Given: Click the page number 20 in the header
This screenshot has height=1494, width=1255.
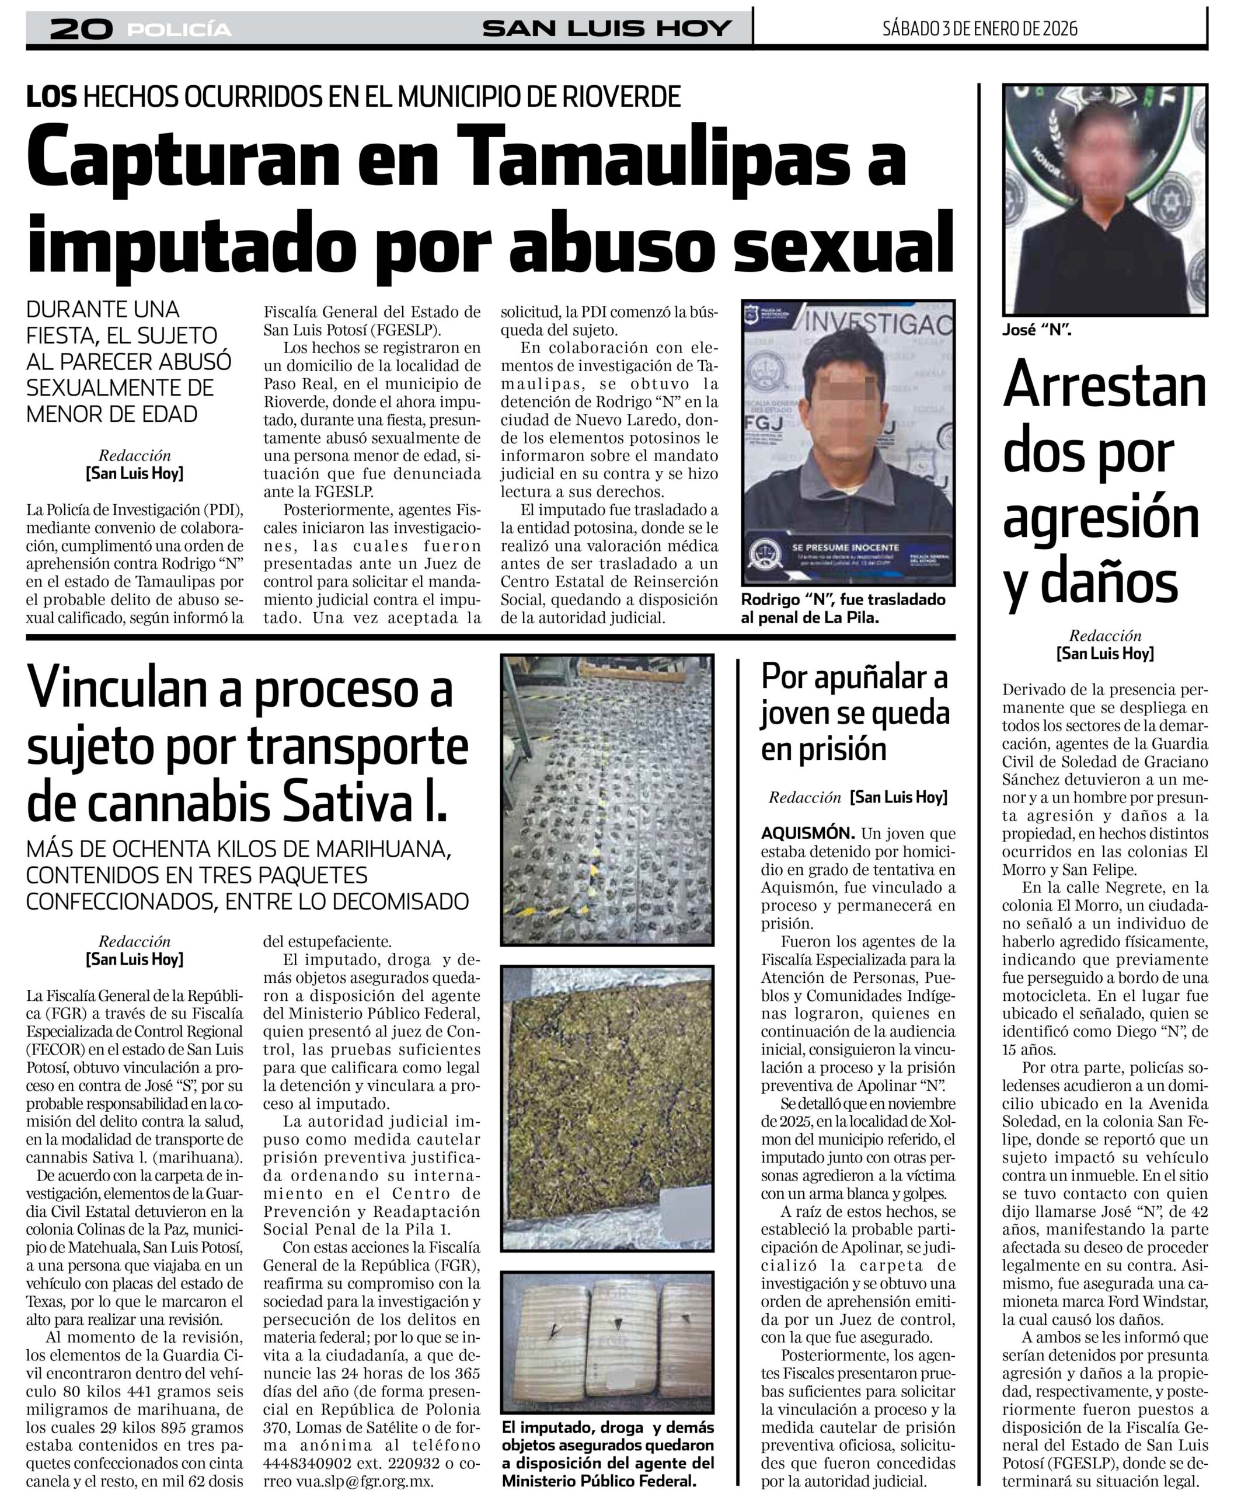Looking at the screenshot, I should click(81, 29).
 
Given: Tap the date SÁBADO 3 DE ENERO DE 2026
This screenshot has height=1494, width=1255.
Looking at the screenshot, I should click(979, 29).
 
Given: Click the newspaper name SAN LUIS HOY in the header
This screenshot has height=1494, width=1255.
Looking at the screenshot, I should click(607, 29).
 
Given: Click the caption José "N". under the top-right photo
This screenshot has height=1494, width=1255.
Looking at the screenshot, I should click(1037, 330).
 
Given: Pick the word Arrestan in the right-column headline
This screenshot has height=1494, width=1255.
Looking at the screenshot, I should click(1104, 386).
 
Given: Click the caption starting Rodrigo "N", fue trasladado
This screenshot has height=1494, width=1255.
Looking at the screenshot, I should click(843, 608).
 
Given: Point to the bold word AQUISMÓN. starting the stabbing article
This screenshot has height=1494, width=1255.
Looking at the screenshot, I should click(807, 833).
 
